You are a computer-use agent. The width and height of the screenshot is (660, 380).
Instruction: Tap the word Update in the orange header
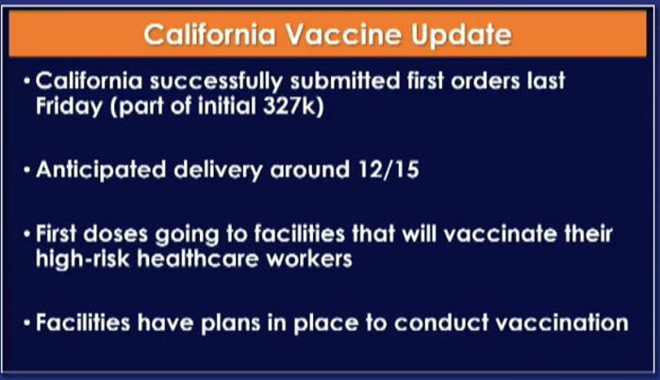(x=461, y=35)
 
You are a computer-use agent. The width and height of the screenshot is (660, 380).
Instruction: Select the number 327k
(x=290, y=106)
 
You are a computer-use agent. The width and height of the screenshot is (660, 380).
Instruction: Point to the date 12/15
(x=388, y=170)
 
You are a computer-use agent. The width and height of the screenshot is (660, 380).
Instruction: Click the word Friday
(x=69, y=107)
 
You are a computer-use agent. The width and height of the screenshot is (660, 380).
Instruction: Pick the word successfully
(x=216, y=82)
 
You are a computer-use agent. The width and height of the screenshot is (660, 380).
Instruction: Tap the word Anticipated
(x=101, y=171)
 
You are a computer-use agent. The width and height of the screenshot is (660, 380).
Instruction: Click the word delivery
(x=218, y=171)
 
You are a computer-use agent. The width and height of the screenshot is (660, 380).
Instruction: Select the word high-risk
(x=83, y=258)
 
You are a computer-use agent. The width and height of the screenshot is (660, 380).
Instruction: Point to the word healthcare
(x=198, y=257)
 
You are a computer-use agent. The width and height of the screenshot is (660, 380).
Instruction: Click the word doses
(x=115, y=234)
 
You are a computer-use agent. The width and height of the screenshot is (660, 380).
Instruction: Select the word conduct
(x=440, y=323)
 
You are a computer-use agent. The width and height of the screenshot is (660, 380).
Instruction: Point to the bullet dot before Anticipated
(x=27, y=171)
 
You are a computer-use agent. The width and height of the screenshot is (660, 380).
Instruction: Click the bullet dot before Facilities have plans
(x=27, y=323)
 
